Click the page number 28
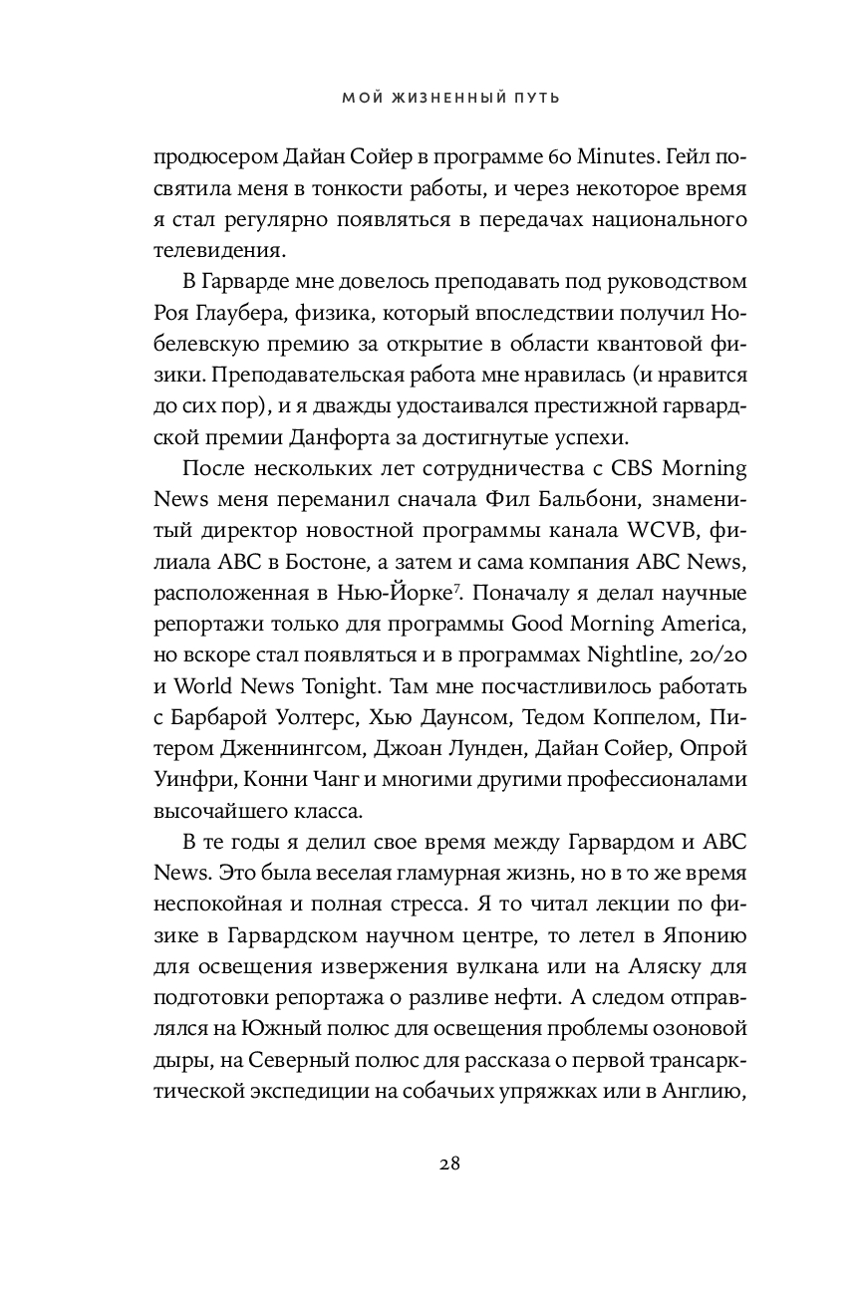click(429, 1163)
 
